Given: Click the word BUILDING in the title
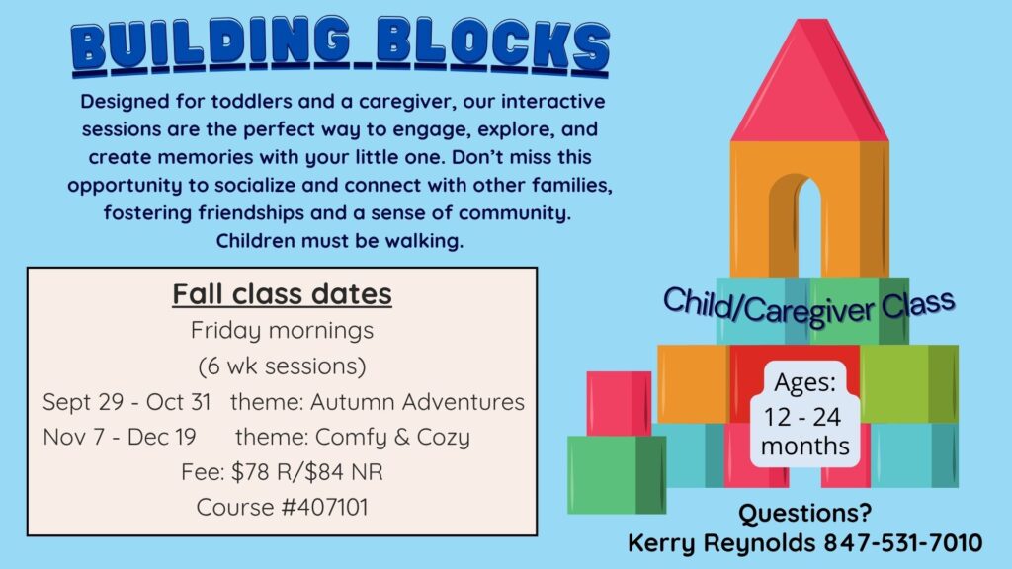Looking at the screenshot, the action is [x=211, y=45].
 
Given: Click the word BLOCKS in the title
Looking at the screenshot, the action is [x=492, y=45].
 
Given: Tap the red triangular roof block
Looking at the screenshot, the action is [x=809, y=81].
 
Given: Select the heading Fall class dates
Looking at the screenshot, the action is [x=282, y=294].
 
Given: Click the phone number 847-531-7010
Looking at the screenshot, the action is [x=903, y=542].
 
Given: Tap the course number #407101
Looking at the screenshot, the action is [x=325, y=507].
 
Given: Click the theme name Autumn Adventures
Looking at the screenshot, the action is [x=417, y=402].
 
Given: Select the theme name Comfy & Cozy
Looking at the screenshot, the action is [x=392, y=437].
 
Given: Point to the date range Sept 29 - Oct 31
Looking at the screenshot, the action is [x=126, y=402].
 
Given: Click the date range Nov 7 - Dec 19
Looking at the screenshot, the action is [x=120, y=437].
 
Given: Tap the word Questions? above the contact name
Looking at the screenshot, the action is [x=804, y=514].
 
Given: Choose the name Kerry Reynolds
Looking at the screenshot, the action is [x=722, y=543].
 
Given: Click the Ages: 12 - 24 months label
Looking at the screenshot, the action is [x=804, y=414].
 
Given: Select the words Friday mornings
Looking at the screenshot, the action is [x=282, y=330].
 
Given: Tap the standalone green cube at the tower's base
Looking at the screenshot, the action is [x=617, y=475].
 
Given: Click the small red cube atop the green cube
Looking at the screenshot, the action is [x=619, y=404].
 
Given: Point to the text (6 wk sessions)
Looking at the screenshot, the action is [x=282, y=366].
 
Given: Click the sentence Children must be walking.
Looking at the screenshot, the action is [x=340, y=241].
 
